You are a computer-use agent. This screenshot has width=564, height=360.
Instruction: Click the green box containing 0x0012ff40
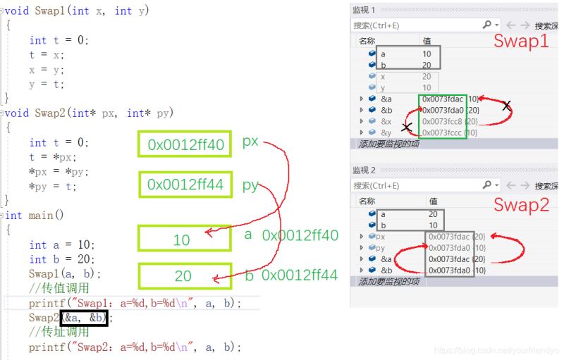[185, 146]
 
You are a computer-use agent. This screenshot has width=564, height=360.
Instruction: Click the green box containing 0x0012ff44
[185, 185]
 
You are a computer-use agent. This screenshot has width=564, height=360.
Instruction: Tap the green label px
[250, 142]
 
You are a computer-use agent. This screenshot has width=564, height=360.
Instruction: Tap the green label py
[250, 185]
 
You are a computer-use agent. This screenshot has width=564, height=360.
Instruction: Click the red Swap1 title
[520, 42]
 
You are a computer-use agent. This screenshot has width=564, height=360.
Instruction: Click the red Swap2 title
[520, 205]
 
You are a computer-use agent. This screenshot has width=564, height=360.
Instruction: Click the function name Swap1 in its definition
[49, 11]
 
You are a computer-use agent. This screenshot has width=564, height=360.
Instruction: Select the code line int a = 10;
[61, 244]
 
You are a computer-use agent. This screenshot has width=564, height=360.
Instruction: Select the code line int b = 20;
[61, 259]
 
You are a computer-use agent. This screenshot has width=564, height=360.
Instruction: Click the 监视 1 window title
[364, 10]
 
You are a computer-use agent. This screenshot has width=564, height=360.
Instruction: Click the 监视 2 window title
[364, 170]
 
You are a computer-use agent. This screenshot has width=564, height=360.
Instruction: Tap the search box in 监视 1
[416, 25]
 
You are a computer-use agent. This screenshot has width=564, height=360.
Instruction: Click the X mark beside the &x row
[407, 128]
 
